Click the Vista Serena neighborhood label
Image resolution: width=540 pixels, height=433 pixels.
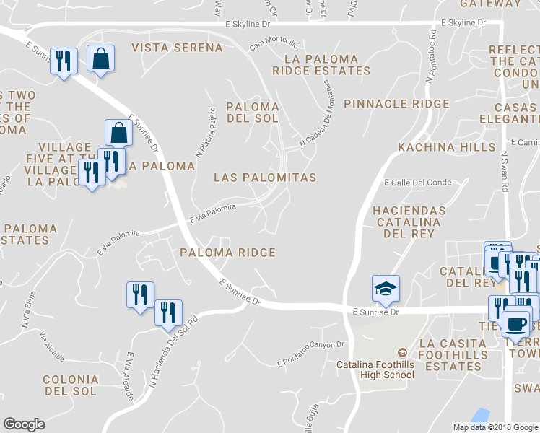tap(177, 48)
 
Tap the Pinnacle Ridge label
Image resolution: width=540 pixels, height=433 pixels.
tap(396, 104)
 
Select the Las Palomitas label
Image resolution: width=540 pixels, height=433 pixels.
tap(265, 177)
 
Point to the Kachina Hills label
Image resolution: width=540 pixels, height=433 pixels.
tap(447, 147)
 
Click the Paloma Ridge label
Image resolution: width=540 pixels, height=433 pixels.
tap(227, 253)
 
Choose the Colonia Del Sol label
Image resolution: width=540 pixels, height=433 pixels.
tap(70, 385)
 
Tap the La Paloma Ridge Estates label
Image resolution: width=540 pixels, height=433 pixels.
tap(321, 65)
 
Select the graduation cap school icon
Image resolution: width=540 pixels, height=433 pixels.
tap(386, 289)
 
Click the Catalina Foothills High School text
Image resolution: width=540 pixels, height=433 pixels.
tap(375, 369)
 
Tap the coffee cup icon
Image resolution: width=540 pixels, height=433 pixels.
tap(516, 323)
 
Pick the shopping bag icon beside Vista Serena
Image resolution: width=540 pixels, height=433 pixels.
tap(101, 59)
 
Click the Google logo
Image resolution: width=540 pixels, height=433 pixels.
tap(24, 424)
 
